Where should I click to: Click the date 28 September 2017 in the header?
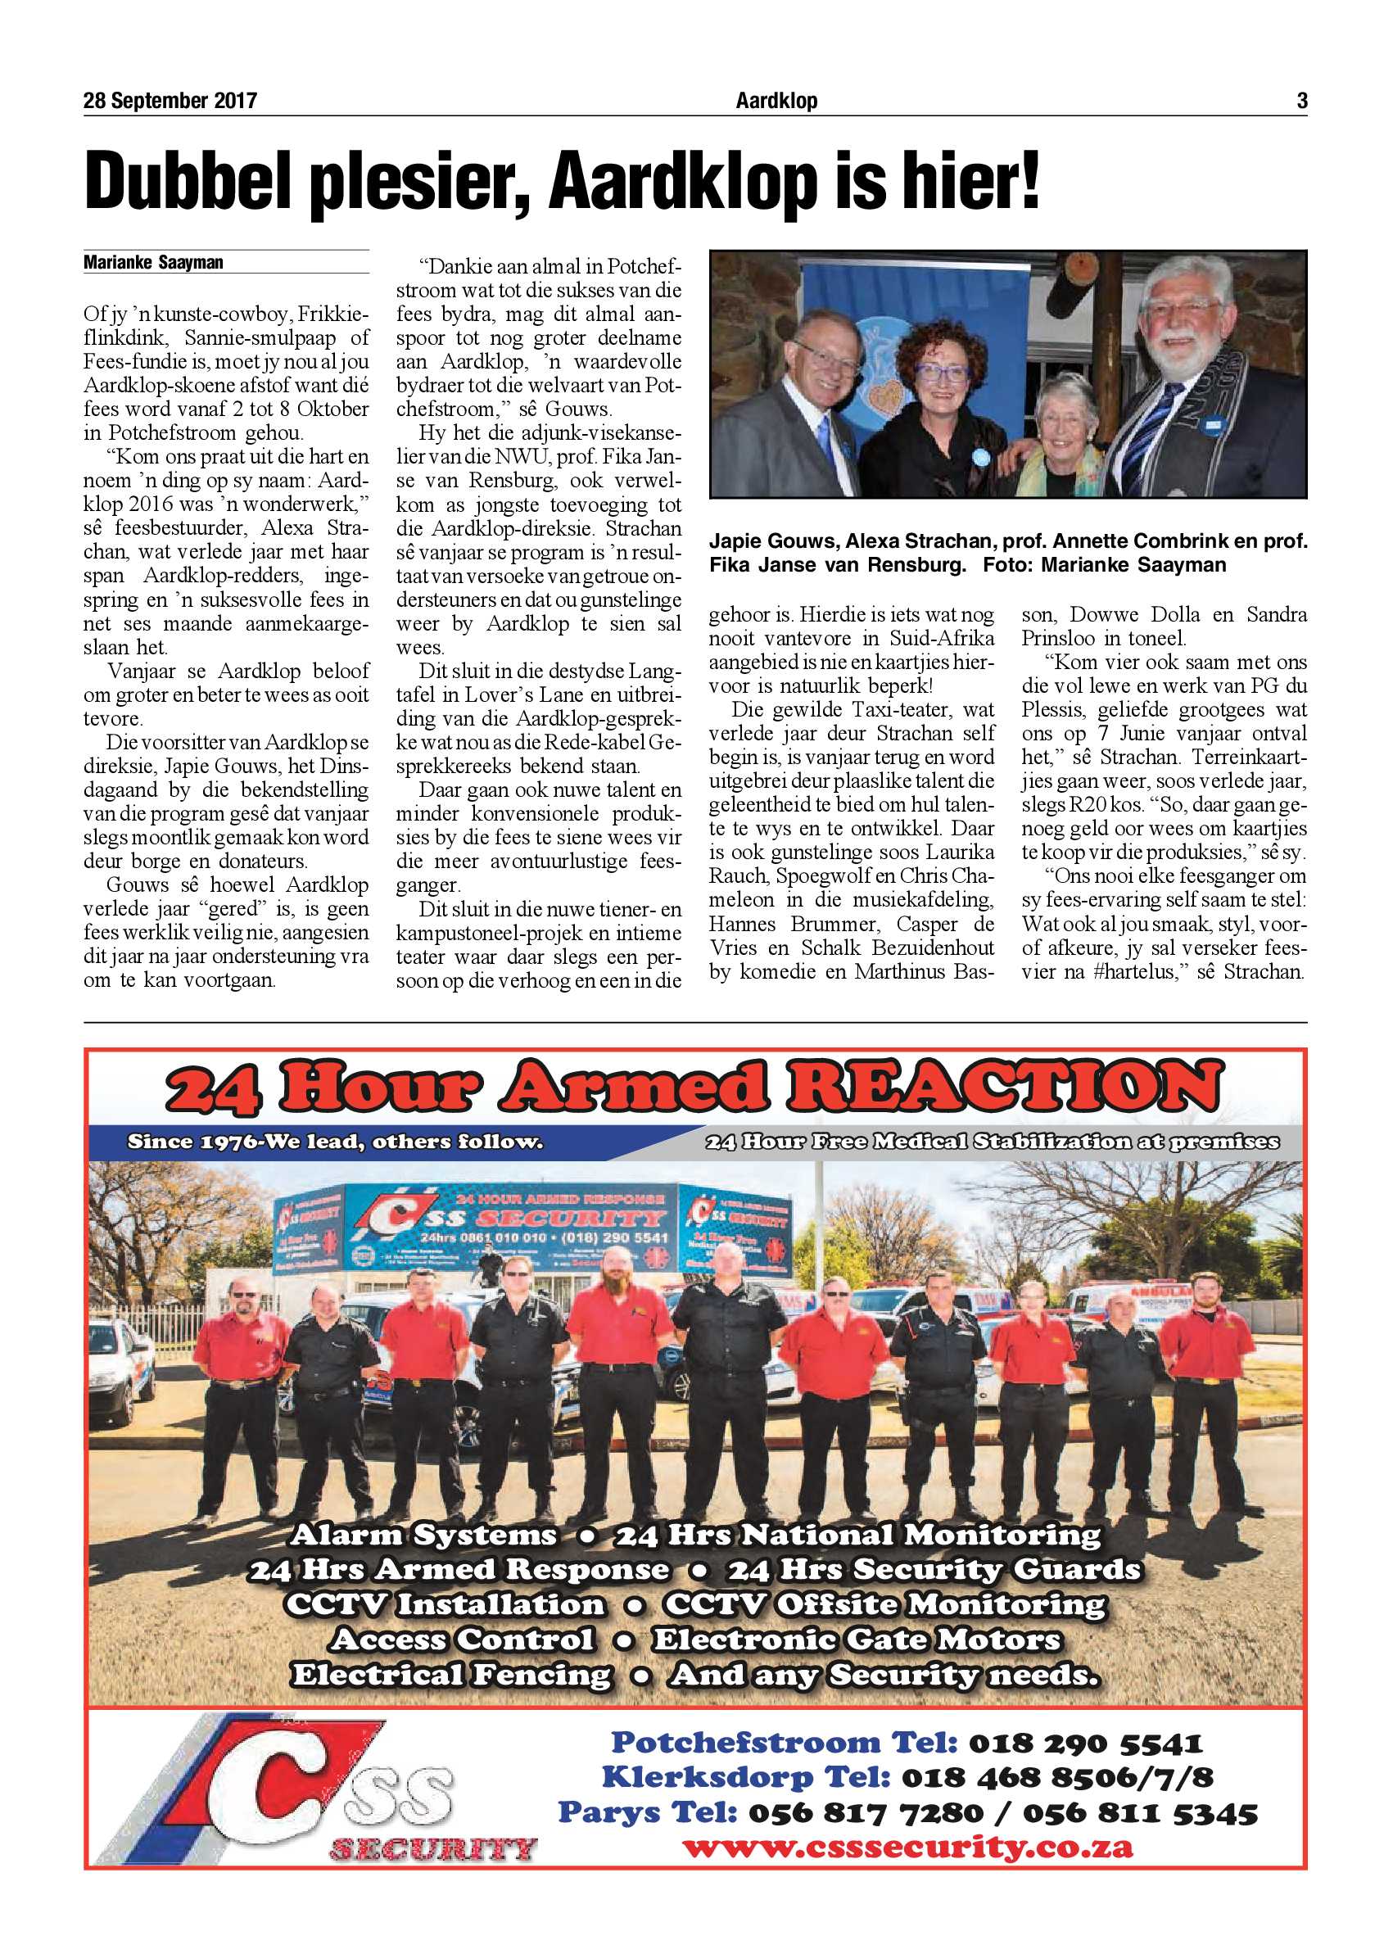[170, 102]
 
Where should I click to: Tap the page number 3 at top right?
[1301, 102]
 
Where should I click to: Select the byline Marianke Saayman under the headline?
[152, 263]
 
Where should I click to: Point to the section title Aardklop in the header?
[776, 102]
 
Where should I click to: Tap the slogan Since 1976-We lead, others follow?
[334, 1142]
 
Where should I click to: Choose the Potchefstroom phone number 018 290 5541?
[1085, 1743]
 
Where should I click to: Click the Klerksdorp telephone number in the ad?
[1056, 1777]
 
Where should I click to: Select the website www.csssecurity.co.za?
[907, 1847]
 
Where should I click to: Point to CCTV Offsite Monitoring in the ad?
[884, 1604]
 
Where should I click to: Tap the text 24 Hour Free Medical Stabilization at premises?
[992, 1142]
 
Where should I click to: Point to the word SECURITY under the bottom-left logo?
[432, 1849]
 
